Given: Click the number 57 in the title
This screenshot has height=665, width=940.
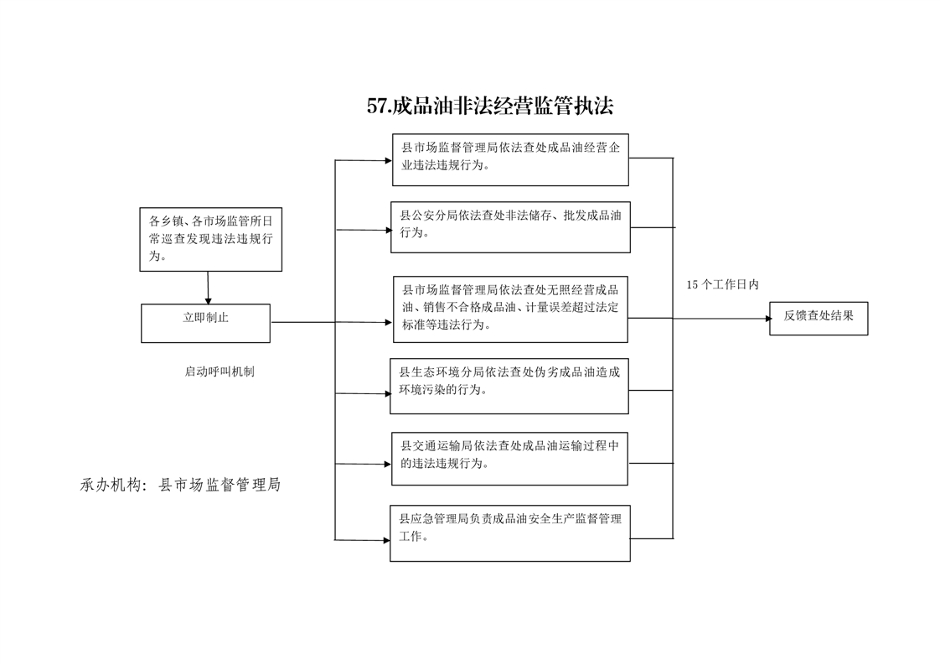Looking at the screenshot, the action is pyautogui.click(x=377, y=107).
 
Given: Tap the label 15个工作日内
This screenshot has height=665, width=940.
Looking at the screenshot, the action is pyautogui.click(x=722, y=284).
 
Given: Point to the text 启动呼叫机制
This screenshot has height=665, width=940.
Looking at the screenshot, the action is pyautogui.click(x=220, y=371).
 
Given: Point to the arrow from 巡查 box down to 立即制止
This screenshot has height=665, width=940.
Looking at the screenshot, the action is pyautogui.click(x=208, y=288).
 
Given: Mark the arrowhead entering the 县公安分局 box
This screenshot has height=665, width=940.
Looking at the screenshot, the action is pyautogui.click(x=388, y=230).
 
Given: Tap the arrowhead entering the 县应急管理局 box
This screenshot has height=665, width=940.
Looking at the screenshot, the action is pyautogui.click(x=387, y=540).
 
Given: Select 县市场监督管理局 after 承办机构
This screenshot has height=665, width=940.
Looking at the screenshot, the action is pyautogui.click(x=220, y=485).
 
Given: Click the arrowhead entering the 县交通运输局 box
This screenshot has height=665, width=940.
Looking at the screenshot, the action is pyautogui.click(x=388, y=464).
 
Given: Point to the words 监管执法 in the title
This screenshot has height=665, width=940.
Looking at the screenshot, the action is pyautogui.click(x=571, y=107).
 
